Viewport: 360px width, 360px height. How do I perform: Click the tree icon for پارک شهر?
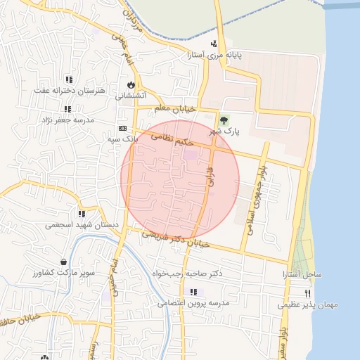224,119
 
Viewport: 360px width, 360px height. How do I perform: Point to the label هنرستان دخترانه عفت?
70,91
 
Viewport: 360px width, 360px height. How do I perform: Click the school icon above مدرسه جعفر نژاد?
67,109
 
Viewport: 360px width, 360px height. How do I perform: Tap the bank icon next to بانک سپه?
123,129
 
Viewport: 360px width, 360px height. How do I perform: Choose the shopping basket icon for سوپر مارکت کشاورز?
63,262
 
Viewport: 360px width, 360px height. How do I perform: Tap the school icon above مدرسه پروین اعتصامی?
191,292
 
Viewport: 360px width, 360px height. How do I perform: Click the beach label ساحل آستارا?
303,273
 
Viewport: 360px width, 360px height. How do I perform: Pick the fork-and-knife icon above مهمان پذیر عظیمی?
307,293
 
